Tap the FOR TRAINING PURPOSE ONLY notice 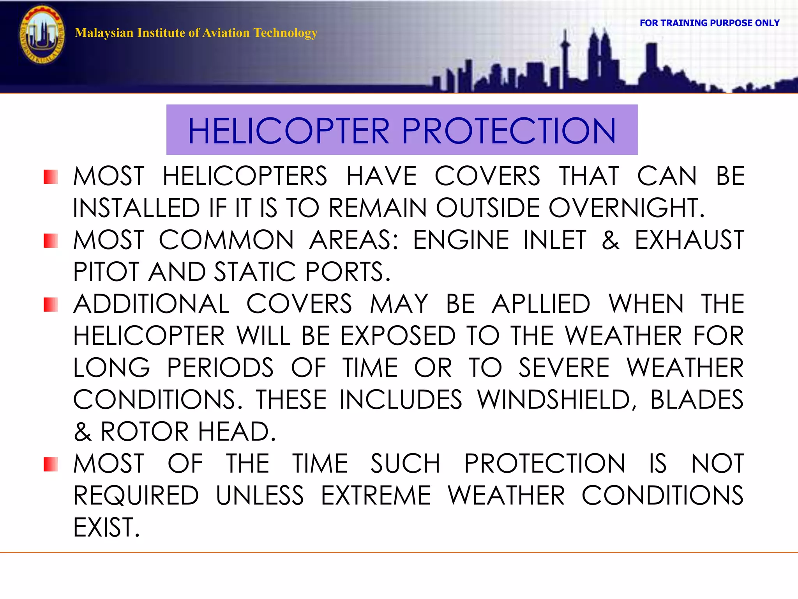click(x=709, y=23)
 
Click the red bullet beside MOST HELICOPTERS click(x=51, y=177)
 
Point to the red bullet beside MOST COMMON click(x=51, y=241)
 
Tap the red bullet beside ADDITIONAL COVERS click(x=51, y=305)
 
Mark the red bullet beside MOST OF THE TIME click(x=51, y=464)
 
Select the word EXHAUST click(x=689, y=240)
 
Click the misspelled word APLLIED click(x=541, y=304)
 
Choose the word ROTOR click(x=145, y=432)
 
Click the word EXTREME click(x=376, y=496)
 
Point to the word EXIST click(x=106, y=528)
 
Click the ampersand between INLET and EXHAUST click(x=610, y=240)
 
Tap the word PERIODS click(x=220, y=368)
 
